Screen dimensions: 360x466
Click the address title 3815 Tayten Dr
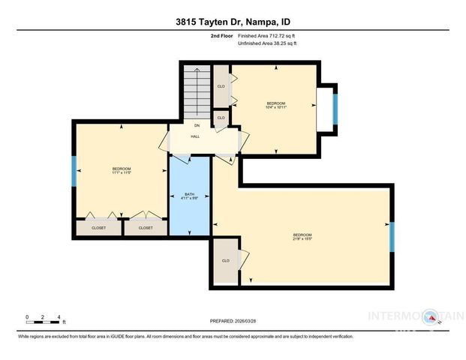coord(233,21)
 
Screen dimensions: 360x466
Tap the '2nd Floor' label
coord(221,35)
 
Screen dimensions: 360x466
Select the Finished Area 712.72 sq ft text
coord(267,35)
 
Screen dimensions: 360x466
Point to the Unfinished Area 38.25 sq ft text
coord(267,43)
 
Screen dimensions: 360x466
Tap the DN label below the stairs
coord(197,125)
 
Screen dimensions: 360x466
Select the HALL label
coord(194,136)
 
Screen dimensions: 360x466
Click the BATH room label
coord(189,194)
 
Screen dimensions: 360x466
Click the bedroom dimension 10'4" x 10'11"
coord(276,106)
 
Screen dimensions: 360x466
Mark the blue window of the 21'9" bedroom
coord(391,237)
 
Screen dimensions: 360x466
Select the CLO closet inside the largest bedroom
coord(224,261)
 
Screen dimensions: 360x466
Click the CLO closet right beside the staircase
coord(221,86)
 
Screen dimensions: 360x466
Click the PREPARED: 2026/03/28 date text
coord(233,321)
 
